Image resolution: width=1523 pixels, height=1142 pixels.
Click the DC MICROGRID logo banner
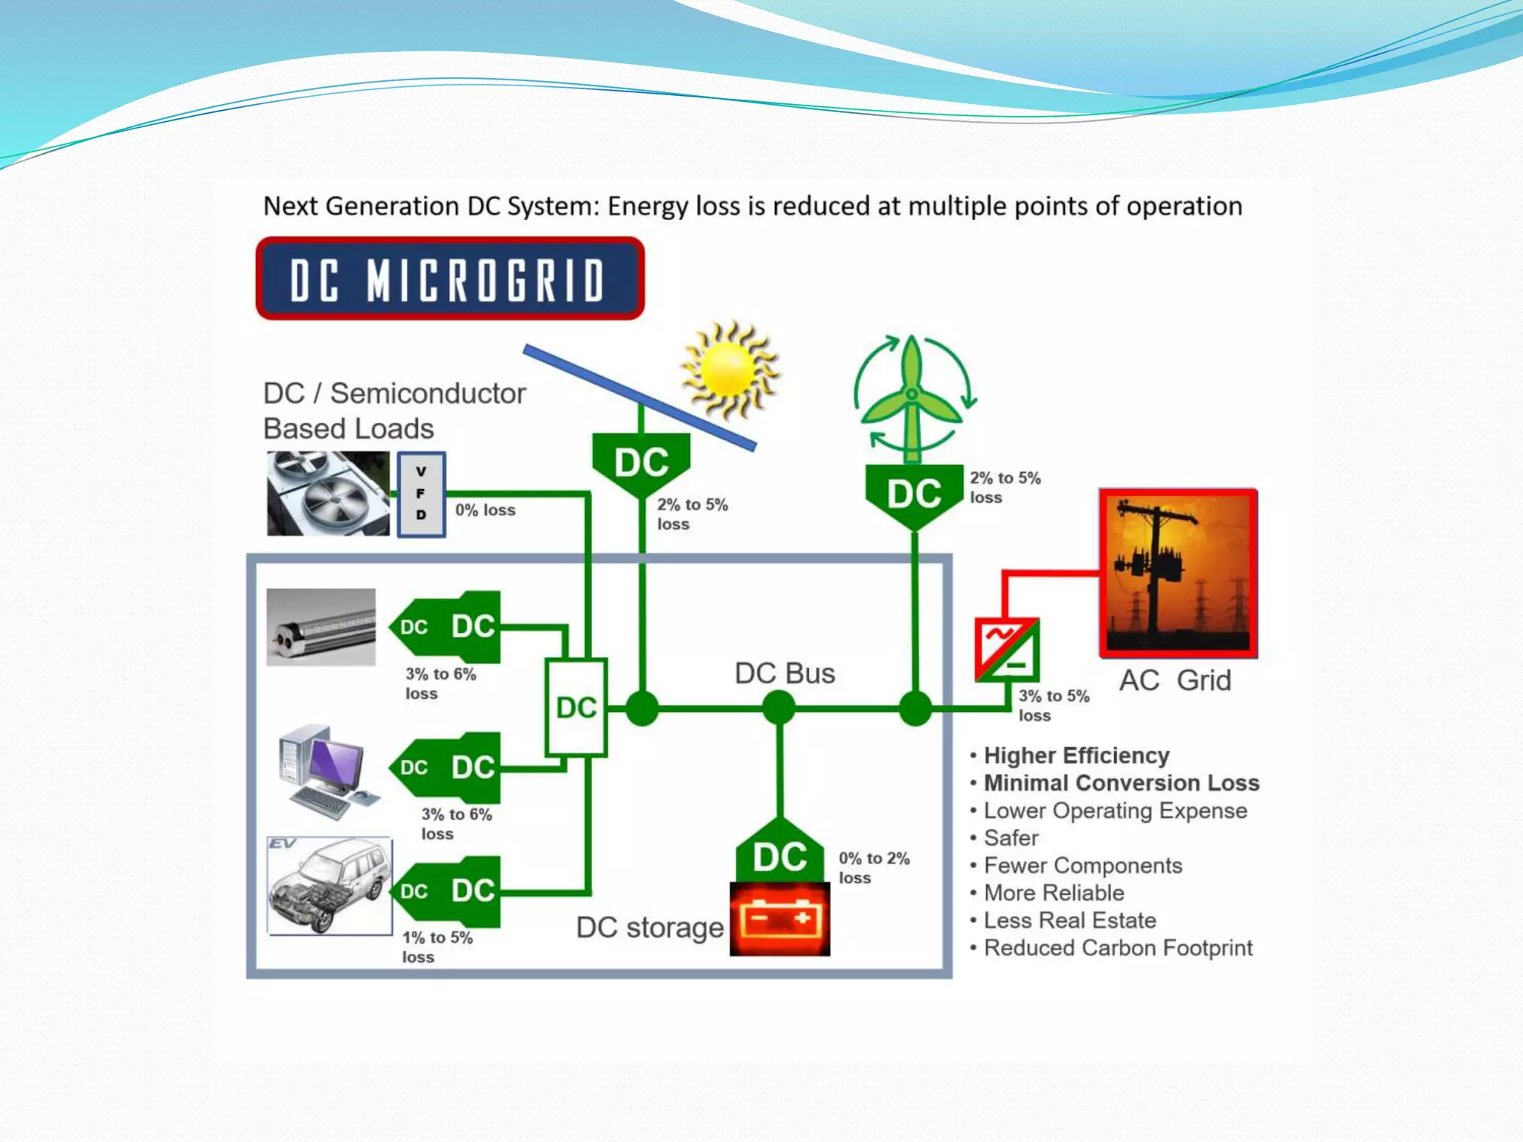[x=450, y=279]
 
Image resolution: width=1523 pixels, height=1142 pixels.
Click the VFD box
[x=421, y=494]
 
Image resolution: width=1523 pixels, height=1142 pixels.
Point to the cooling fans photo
[x=328, y=494]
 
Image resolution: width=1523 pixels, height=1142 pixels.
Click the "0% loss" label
[x=485, y=510]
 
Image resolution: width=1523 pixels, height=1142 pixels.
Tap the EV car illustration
[x=329, y=886]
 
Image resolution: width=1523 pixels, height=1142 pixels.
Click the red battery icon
[x=779, y=919]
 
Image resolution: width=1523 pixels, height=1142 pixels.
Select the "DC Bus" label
[x=785, y=674]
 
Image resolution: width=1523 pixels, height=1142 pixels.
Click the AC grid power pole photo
[x=1178, y=573]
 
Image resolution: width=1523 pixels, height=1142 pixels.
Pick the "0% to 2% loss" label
[x=874, y=868]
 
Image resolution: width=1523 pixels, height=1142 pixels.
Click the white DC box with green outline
[x=576, y=707]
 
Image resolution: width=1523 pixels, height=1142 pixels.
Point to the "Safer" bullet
[x=1011, y=838]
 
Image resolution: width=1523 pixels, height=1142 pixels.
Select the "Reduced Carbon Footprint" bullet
[x=1118, y=948]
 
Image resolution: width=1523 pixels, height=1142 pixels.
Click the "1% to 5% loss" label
[x=437, y=946]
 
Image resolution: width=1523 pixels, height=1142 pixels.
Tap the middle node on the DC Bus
[x=779, y=707]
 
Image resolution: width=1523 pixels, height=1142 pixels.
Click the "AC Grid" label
[x=1175, y=680]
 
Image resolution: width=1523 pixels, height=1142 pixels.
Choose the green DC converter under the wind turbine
[x=914, y=494]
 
